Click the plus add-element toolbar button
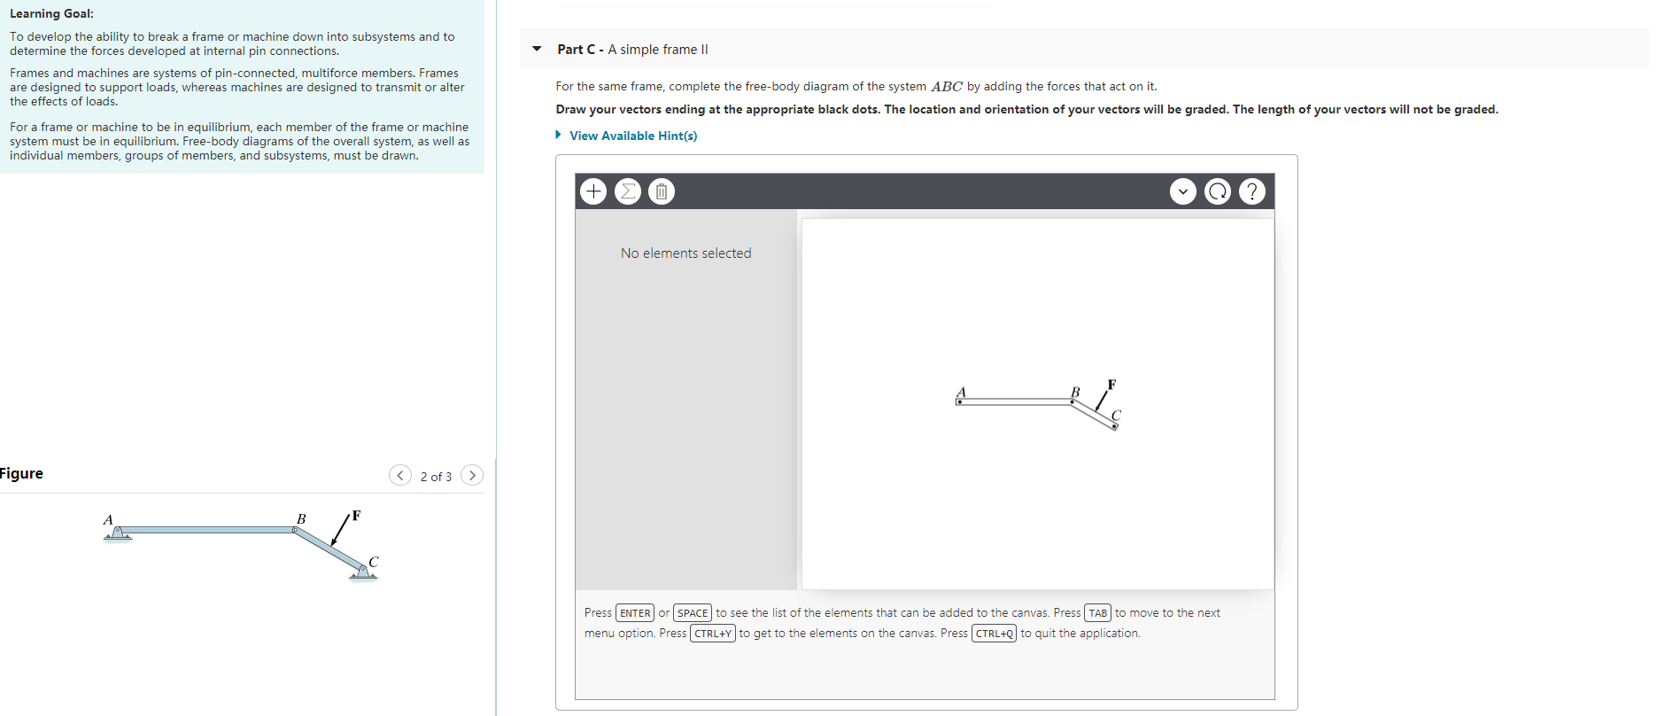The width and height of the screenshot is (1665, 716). pos(593,191)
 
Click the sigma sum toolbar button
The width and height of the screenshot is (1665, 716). pos(627,191)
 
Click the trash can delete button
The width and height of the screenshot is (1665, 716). pos(662,191)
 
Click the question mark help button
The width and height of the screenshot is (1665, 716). pos(1251,191)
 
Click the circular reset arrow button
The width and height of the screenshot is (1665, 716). pos(1218,191)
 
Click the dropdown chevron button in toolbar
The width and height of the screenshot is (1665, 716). pos(1183,191)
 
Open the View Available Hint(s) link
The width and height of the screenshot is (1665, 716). pos(632,136)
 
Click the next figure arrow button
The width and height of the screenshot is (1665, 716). pos(473,476)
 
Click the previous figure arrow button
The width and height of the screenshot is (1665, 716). pos(400,476)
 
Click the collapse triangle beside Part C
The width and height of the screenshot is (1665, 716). pos(537,49)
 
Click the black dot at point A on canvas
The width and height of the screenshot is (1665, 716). pos(959,401)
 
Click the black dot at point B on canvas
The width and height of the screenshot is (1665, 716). pos(1073,401)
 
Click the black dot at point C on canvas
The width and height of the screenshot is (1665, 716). pos(1114,427)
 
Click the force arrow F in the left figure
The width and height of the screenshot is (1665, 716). pos(340,530)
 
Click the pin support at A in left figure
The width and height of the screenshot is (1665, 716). pos(118,533)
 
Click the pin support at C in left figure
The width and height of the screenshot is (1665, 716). pos(362,572)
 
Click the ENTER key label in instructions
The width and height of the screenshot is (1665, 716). pos(635,613)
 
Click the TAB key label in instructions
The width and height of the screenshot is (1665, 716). pos(1098,613)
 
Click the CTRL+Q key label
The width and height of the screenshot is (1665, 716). pos(994,634)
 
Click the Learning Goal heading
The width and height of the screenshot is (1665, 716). pos(51,13)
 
